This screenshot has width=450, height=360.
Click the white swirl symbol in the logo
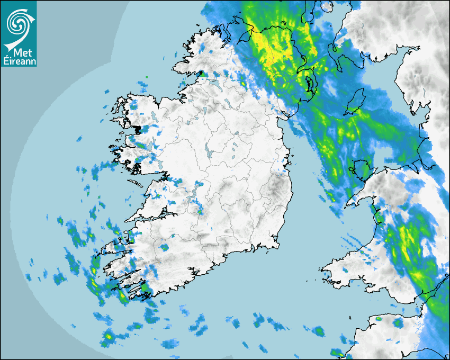(18, 23)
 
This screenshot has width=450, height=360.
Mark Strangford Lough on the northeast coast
(309, 82)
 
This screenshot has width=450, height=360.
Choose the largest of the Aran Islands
(136, 183)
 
